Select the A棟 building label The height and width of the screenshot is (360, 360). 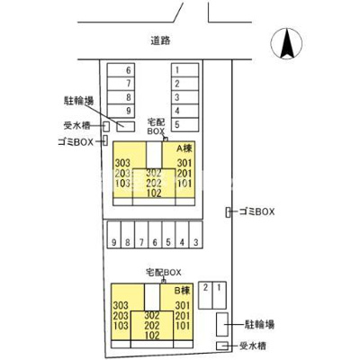click(184, 147)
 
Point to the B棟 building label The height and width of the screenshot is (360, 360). click(183, 291)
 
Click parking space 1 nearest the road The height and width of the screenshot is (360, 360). click(178, 69)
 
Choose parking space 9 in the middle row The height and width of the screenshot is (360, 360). click(114, 242)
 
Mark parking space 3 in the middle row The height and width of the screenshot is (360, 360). click(195, 242)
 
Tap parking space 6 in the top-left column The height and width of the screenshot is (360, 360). click(130, 69)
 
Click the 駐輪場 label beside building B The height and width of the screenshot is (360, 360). click(260, 322)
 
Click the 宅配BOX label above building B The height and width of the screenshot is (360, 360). click(163, 271)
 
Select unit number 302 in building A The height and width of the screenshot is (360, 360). click(153, 172)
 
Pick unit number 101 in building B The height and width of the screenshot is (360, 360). click(183, 326)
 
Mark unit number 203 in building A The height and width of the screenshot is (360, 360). click(123, 172)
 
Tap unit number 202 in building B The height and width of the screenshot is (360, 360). click(150, 325)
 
